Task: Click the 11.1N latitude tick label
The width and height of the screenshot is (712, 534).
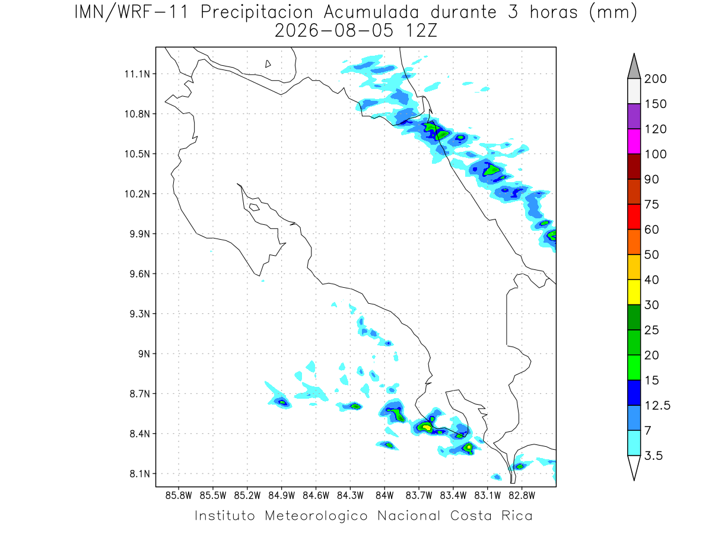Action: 137,74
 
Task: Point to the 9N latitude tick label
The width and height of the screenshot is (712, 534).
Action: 144,354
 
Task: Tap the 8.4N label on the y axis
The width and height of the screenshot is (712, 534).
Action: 140,434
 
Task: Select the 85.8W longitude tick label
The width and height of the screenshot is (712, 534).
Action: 179,495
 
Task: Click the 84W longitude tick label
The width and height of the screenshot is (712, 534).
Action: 384,495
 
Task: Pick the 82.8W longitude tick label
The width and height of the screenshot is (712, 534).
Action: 522,495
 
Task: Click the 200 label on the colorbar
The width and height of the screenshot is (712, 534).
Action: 655,79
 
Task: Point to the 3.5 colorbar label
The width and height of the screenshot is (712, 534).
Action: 653,456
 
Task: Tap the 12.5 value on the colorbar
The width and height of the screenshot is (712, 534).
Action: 657,405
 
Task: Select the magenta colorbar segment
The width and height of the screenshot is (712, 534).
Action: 634,141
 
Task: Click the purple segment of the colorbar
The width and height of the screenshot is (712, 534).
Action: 634,116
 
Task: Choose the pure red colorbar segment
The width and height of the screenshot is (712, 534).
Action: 634,217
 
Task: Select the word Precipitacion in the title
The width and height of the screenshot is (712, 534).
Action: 256,12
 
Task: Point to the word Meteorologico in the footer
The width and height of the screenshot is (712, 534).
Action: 316,516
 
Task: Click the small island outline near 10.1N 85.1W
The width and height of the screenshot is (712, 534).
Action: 255,207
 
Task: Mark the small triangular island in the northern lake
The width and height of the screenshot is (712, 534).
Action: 268,64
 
